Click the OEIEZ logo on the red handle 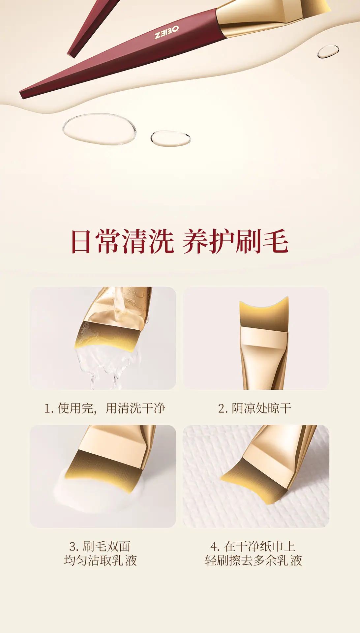tap(167, 32)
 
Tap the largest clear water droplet tap(99, 129)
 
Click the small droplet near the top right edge tap(328, 51)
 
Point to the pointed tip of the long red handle tap(22, 95)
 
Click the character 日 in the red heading tap(81, 242)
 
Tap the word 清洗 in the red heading tap(148, 242)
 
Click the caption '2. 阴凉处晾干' tap(255, 408)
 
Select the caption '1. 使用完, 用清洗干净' tap(105, 408)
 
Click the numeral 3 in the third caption tap(73, 547)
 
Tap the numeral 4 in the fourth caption tap(214, 547)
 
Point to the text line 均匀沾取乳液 tap(101, 560)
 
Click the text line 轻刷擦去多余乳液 tap(254, 560)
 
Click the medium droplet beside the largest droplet tap(170, 138)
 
